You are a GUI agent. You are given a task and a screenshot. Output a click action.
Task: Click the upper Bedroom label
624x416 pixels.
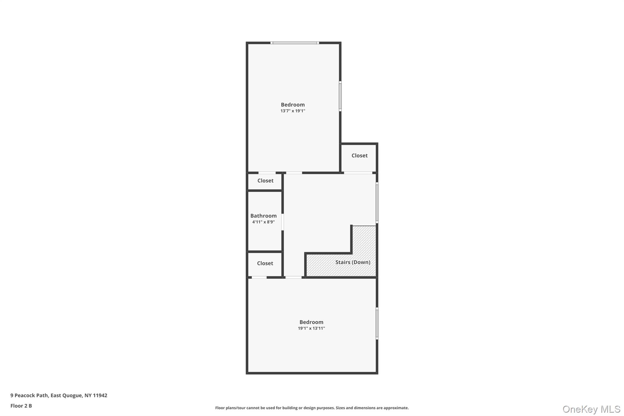(292, 105)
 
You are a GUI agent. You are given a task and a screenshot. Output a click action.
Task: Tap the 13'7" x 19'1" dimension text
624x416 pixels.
(292, 111)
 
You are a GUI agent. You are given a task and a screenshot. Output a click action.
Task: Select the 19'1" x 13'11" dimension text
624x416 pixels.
(311, 328)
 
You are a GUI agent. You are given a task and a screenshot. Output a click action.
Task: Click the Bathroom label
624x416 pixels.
(263, 216)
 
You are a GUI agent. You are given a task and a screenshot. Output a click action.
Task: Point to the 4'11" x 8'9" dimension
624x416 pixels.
(263, 222)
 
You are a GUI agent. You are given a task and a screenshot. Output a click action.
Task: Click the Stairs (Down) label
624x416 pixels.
(353, 262)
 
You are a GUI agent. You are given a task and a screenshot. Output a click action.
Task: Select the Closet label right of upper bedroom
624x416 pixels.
(359, 155)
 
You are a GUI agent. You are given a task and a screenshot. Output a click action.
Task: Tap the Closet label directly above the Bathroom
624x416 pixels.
(265, 180)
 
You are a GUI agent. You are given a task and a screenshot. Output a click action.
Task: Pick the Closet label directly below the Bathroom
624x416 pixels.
(265, 263)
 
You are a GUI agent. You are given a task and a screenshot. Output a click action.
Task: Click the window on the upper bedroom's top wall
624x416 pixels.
(295, 43)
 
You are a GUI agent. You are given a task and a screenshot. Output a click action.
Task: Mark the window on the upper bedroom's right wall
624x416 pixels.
(340, 96)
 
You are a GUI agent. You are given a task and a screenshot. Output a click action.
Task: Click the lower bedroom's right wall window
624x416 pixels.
(377, 323)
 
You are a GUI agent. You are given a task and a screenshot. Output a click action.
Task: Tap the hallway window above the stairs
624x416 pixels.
(377, 202)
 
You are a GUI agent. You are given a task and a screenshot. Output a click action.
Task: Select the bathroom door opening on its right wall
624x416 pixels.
(282, 222)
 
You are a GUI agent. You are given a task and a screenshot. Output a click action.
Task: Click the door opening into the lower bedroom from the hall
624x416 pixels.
(293, 277)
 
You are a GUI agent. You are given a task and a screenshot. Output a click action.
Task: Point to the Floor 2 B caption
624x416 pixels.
(21, 406)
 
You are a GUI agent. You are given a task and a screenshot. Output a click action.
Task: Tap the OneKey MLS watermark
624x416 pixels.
(591, 409)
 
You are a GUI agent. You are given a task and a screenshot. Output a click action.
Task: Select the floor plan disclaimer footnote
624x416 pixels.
(312, 408)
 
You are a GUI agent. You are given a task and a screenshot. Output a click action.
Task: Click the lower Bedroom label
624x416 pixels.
(311, 322)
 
